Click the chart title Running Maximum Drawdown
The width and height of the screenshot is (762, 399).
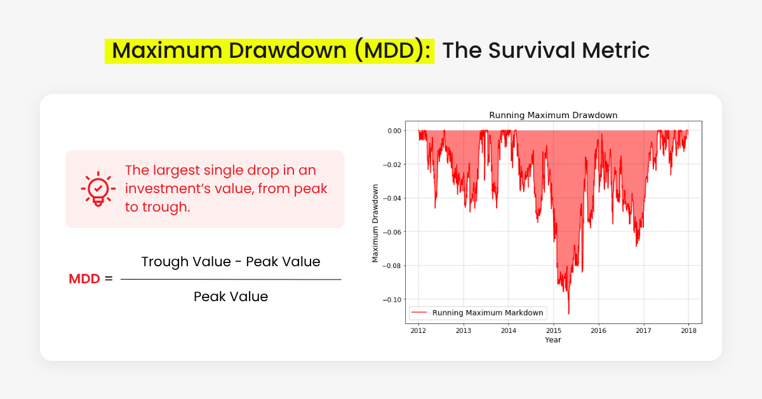point(553,115)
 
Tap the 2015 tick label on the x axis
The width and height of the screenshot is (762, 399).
point(554,330)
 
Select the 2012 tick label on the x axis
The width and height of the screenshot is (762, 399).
point(418,330)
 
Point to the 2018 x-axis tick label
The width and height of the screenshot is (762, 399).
point(689,330)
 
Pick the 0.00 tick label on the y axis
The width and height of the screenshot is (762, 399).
point(394,130)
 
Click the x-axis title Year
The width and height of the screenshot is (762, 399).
point(553,340)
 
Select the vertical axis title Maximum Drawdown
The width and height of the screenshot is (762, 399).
point(375,223)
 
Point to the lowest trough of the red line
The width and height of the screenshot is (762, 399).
point(569,313)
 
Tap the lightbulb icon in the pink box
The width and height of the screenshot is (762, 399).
point(98,189)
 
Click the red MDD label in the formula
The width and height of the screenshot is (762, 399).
point(84,279)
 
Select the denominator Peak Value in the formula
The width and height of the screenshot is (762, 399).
point(231,297)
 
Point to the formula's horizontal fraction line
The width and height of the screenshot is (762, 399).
point(231,280)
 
